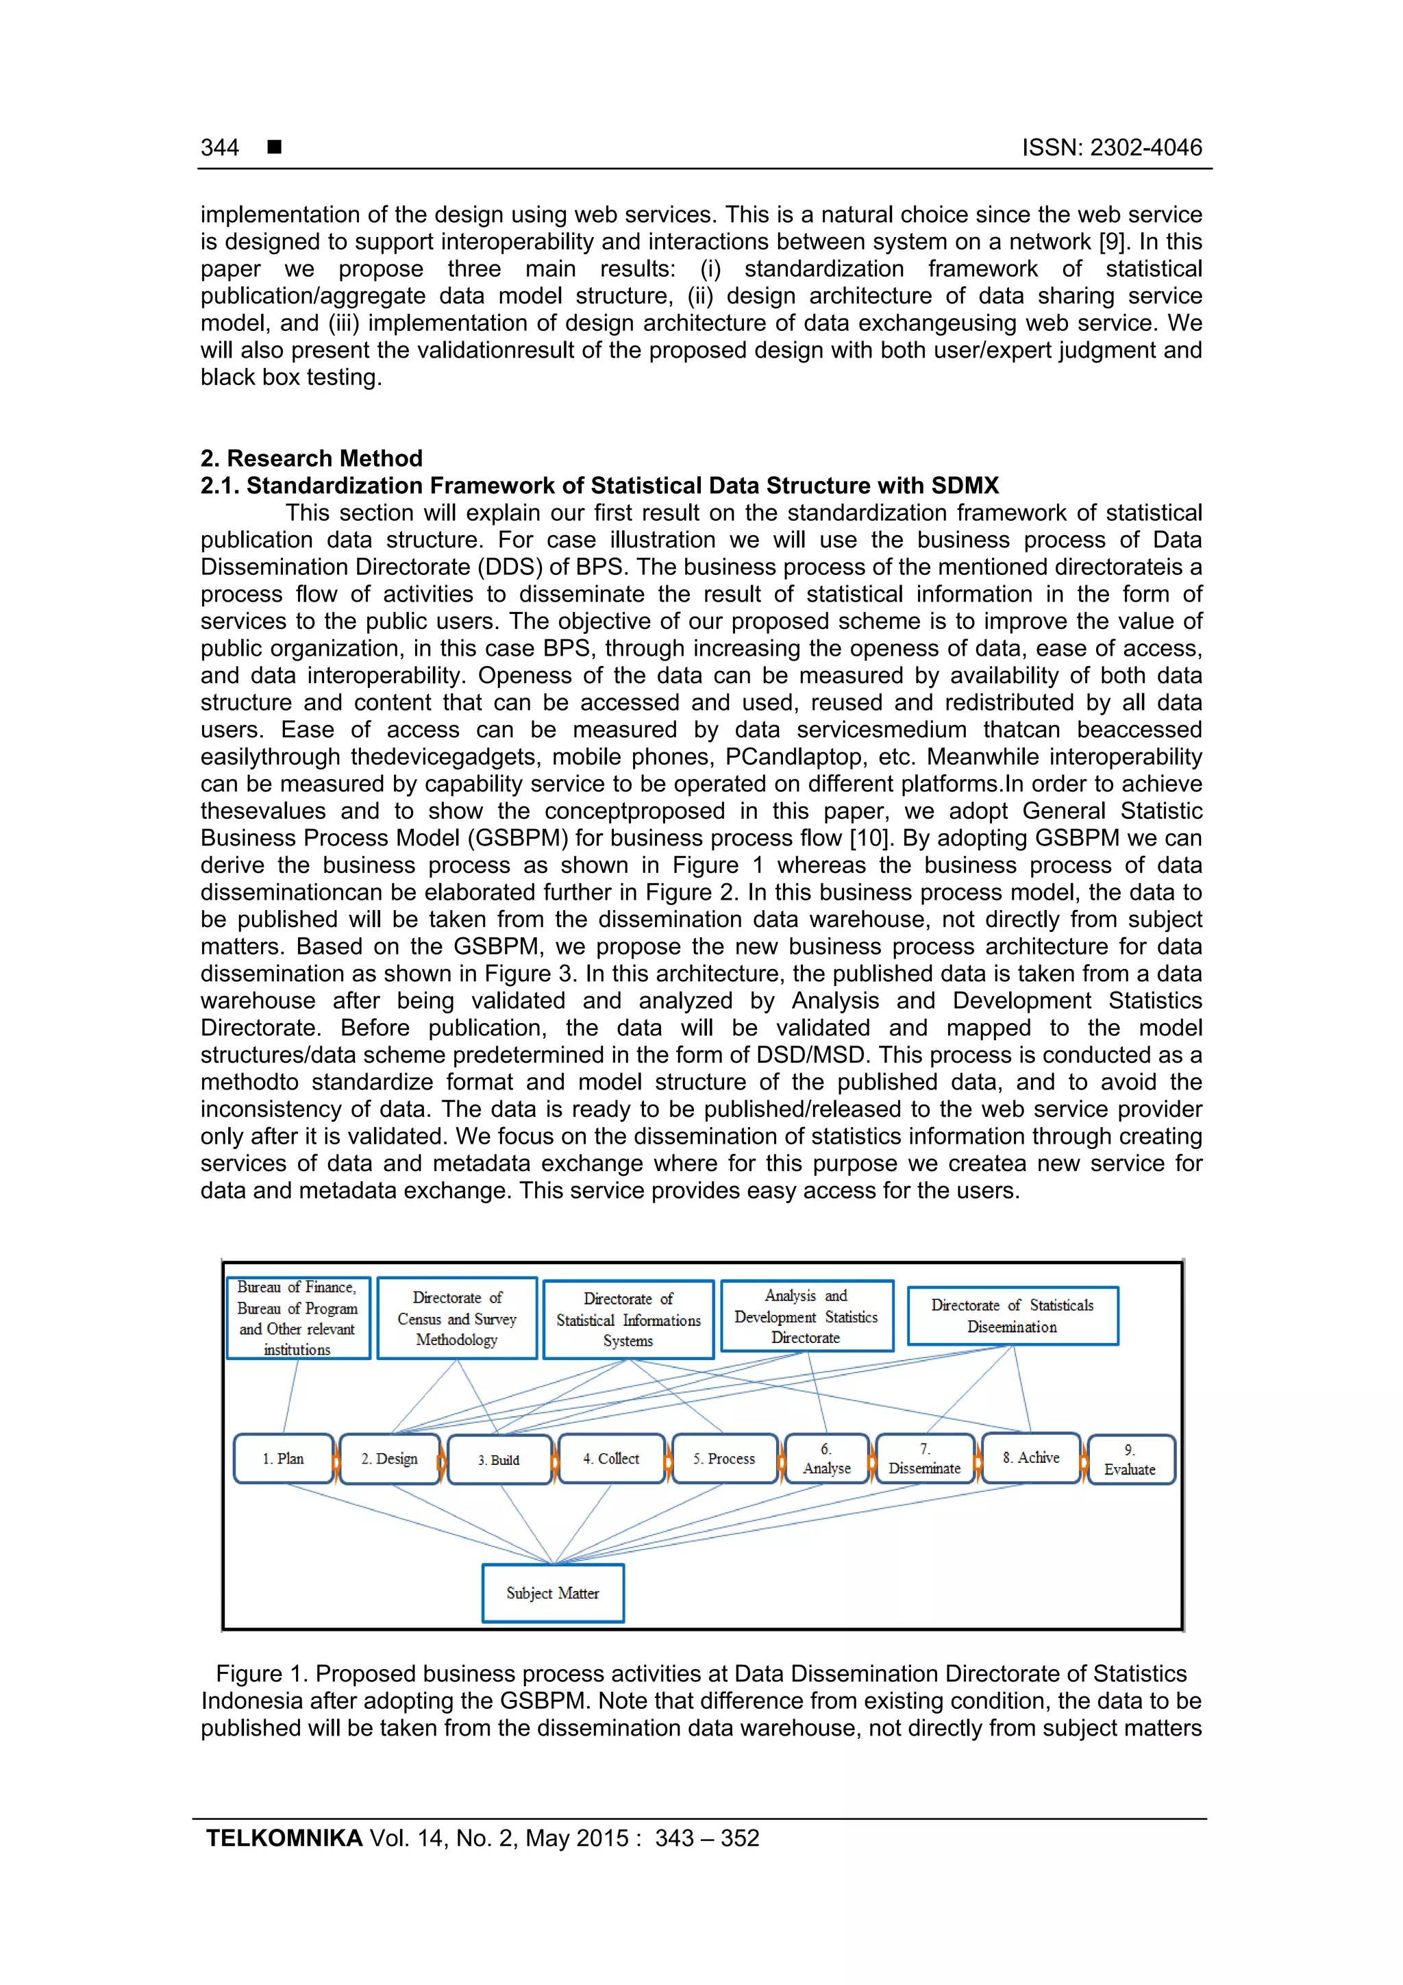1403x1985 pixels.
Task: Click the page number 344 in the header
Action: (x=220, y=148)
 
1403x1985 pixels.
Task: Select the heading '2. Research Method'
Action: (x=311, y=458)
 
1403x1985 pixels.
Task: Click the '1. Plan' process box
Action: (x=284, y=1459)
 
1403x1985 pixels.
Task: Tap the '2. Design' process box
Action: (x=389, y=1459)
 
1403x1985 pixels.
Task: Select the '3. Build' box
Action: (x=499, y=1459)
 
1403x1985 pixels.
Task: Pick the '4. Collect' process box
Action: (x=611, y=1459)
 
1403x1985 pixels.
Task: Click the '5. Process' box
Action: (x=723, y=1459)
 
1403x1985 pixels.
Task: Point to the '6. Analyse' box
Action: (x=826, y=1459)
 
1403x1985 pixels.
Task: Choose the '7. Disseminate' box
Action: (x=924, y=1459)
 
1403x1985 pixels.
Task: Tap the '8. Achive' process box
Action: (x=1030, y=1457)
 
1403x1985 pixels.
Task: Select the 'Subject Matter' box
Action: (x=552, y=1592)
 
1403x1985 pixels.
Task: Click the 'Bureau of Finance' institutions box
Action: (x=297, y=1318)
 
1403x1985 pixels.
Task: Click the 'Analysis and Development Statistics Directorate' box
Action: (x=806, y=1316)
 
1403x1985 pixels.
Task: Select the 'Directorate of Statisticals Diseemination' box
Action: (x=1013, y=1316)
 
